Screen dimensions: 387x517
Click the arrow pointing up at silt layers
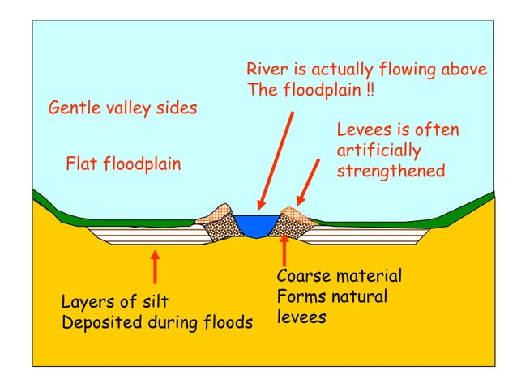[x=154, y=267]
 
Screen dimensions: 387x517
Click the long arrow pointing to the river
[x=276, y=162]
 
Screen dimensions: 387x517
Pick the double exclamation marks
[x=370, y=90]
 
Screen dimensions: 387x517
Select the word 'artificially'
[x=378, y=151]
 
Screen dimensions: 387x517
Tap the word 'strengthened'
[x=391, y=172]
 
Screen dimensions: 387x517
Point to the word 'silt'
[x=154, y=303]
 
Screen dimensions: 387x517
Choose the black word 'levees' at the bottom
[x=301, y=317]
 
